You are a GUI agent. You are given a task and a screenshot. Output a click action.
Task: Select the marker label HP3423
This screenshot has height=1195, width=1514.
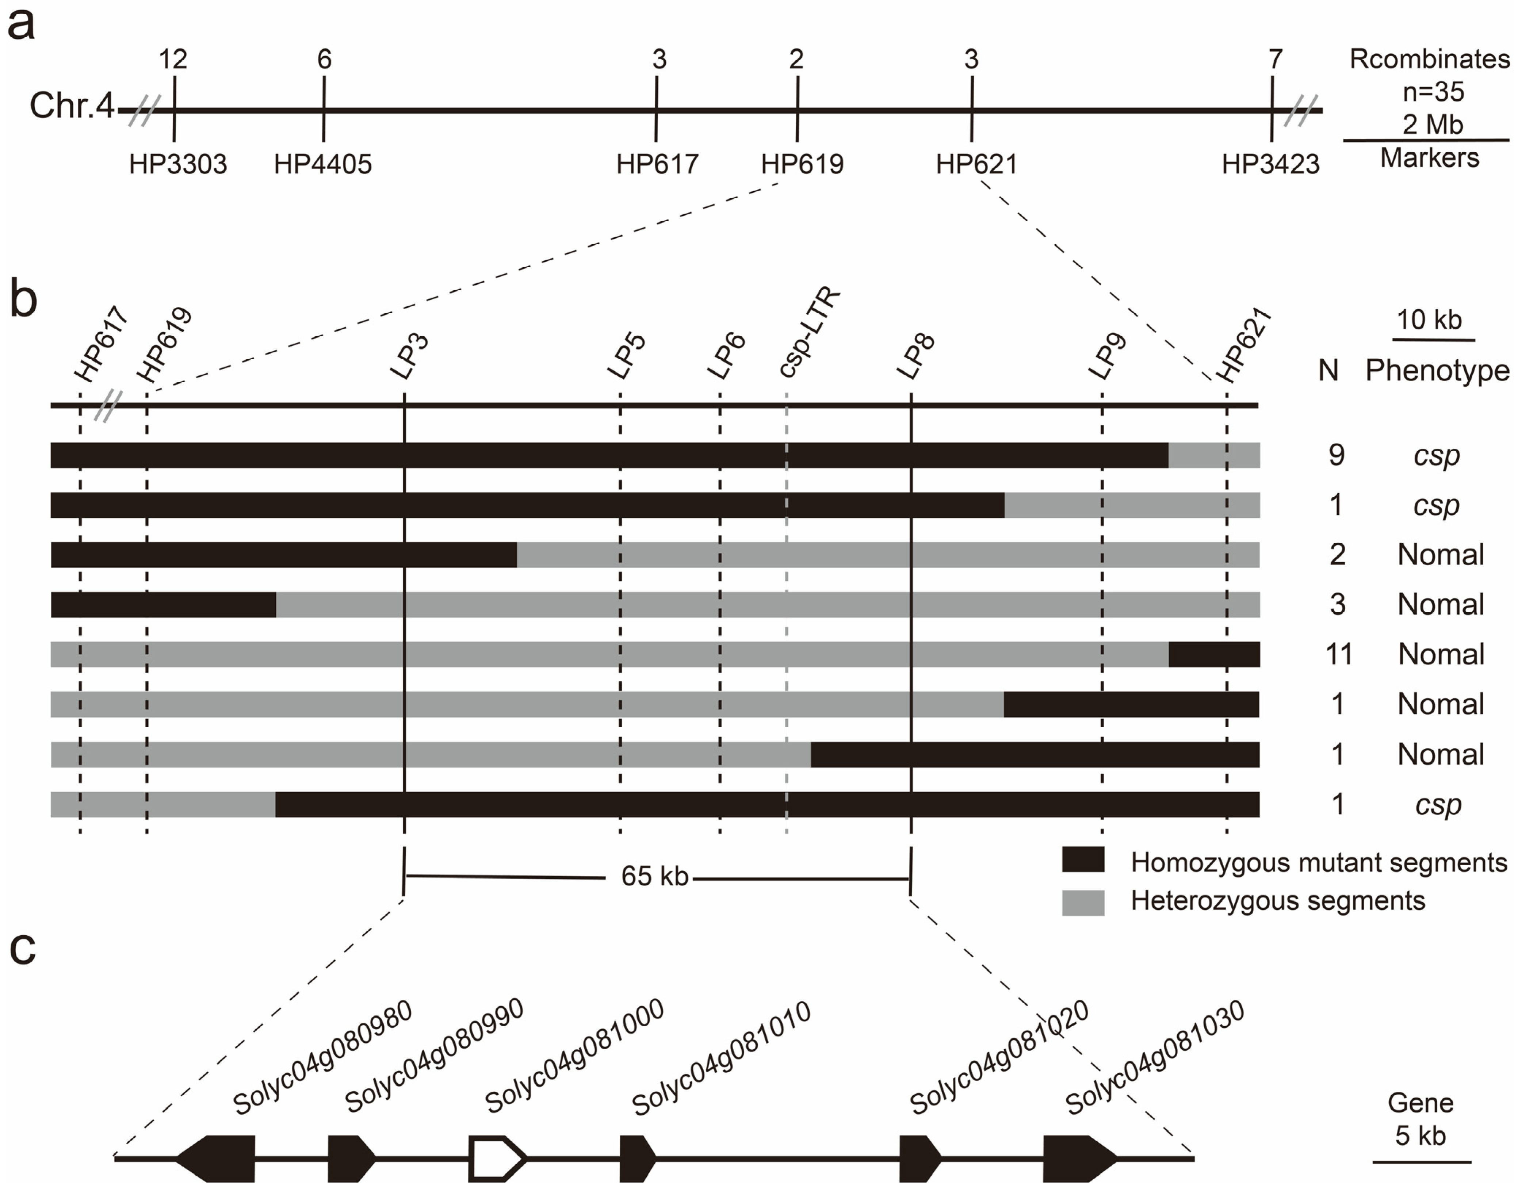coord(1270,164)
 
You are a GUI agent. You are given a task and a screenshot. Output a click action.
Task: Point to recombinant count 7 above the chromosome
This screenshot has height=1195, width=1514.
coord(1276,60)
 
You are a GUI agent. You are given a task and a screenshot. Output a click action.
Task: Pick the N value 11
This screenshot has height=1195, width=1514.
coord(1338,654)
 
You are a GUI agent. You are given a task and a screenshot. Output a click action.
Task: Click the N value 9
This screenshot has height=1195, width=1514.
coord(1336,455)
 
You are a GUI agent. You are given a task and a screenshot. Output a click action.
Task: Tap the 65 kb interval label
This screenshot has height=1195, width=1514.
coord(655,876)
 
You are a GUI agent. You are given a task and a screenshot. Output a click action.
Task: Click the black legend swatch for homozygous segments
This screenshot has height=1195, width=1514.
coord(1083,860)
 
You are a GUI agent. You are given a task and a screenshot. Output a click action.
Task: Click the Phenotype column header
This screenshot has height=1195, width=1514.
coord(1437,371)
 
